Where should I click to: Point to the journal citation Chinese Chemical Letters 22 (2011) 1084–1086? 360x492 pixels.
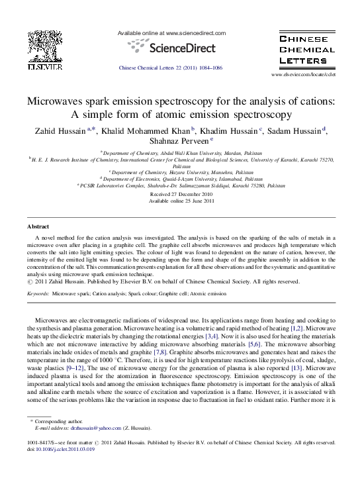(x=170, y=68)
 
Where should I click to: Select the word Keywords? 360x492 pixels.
(x=38, y=293)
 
